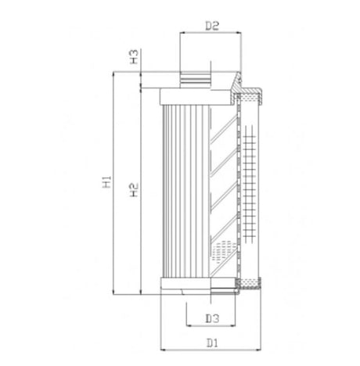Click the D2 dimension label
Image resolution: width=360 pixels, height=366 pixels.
[211, 26]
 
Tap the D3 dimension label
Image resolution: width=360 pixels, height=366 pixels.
[211, 318]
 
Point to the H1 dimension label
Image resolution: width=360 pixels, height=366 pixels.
[106, 185]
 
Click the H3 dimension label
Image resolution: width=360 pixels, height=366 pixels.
[134, 56]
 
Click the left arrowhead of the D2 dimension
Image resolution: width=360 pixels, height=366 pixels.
[182, 34]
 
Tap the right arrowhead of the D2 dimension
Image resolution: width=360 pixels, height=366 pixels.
[239, 34]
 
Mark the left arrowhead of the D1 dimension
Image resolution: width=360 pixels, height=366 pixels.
[161, 350]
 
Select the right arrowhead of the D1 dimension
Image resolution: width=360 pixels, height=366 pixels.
[264, 350]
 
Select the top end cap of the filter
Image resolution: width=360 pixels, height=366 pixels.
[196, 98]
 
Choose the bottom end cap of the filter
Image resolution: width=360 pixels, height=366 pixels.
[196, 285]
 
